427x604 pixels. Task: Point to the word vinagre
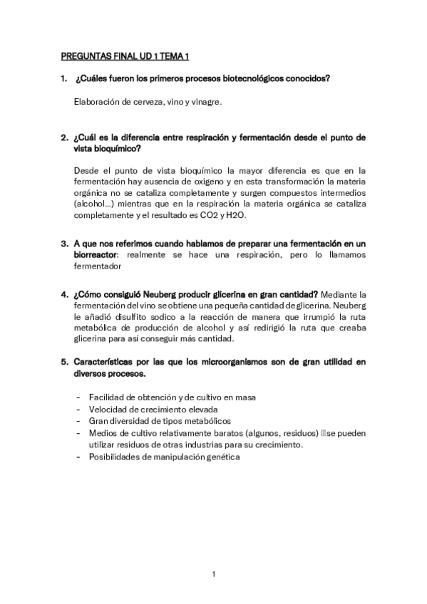[x=206, y=102]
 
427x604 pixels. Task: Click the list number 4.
[x=63, y=294]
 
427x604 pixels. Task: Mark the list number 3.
[x=63, y=243]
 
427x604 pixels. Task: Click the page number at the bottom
[x=213, y=574]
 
